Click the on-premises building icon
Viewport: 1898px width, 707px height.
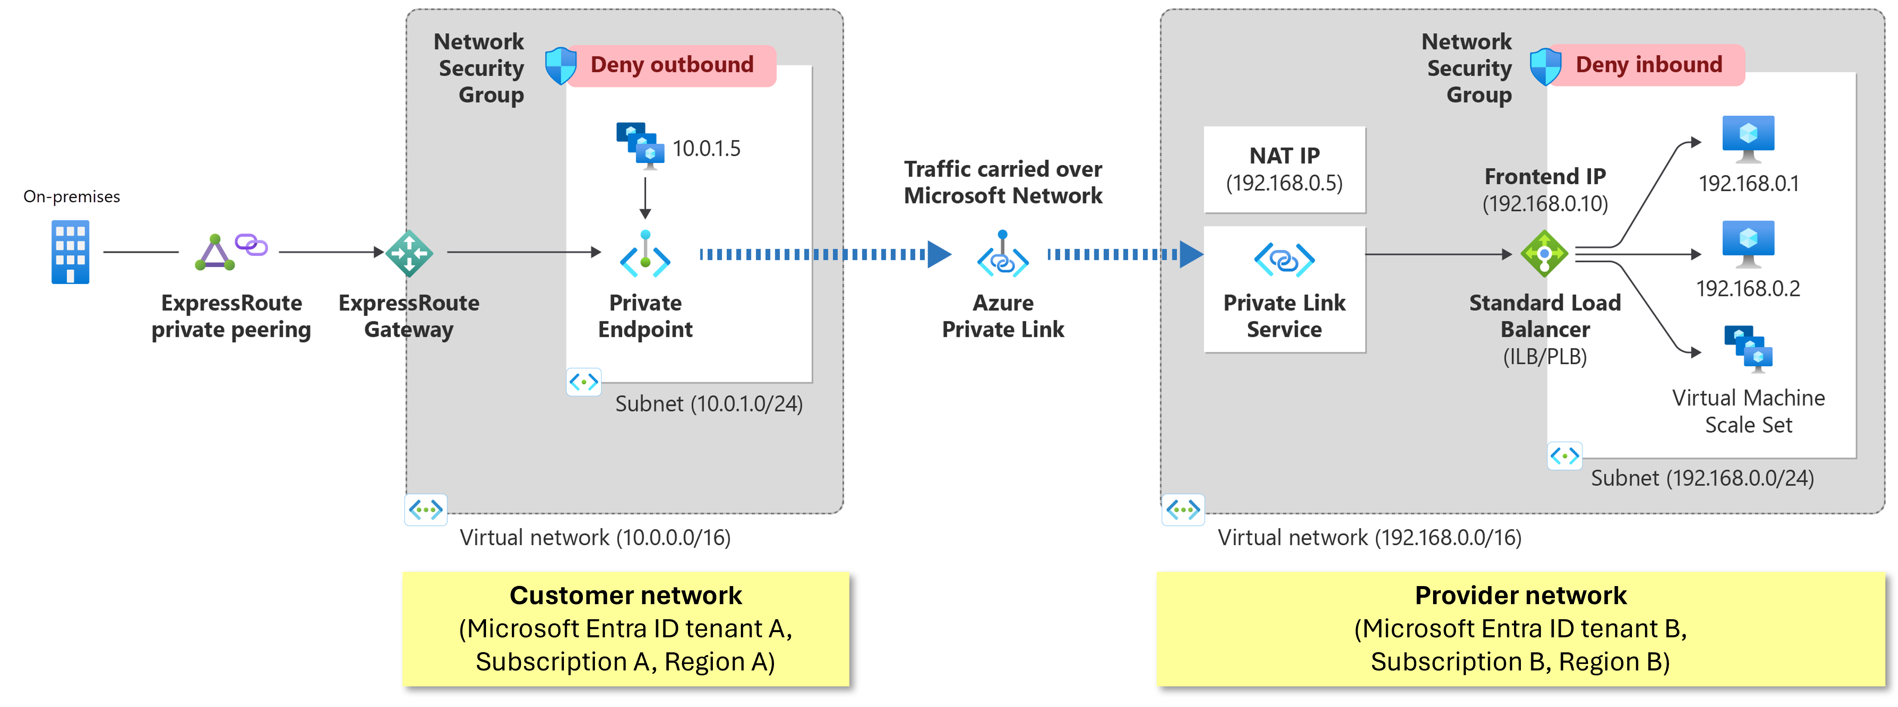click(70, 252)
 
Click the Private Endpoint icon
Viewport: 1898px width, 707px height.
click(645, 254)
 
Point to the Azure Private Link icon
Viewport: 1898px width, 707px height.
click(1002, 255)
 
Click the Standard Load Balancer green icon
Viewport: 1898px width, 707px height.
click(1544, 254)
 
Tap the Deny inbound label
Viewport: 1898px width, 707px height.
click(1648, 65)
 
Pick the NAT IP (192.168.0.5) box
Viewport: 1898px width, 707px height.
click(1284, 170)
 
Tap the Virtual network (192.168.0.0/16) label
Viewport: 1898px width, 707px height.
click(1369, 537)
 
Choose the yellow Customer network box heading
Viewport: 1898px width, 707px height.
click(625, 595)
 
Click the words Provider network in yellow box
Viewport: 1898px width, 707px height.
click(1520, 595)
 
